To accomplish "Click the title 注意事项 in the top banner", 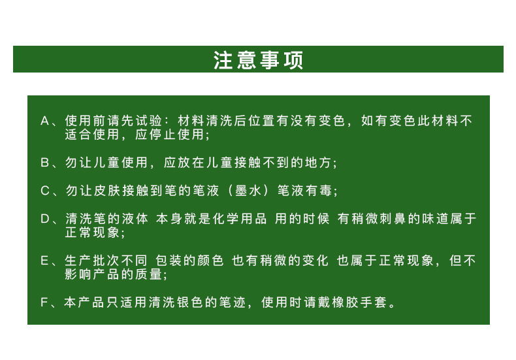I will click(258, 60).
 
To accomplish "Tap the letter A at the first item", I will click(45, 121).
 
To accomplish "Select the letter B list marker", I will click(45, 163).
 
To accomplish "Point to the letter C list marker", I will click(45, 191).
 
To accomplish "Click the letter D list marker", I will click(45, 219).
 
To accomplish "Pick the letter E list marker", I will click(45, 261).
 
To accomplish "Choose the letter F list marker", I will click(45, 303).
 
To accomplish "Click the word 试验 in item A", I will click(148, 121).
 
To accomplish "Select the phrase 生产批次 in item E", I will click(88, 261).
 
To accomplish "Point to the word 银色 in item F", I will click(188, 303).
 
